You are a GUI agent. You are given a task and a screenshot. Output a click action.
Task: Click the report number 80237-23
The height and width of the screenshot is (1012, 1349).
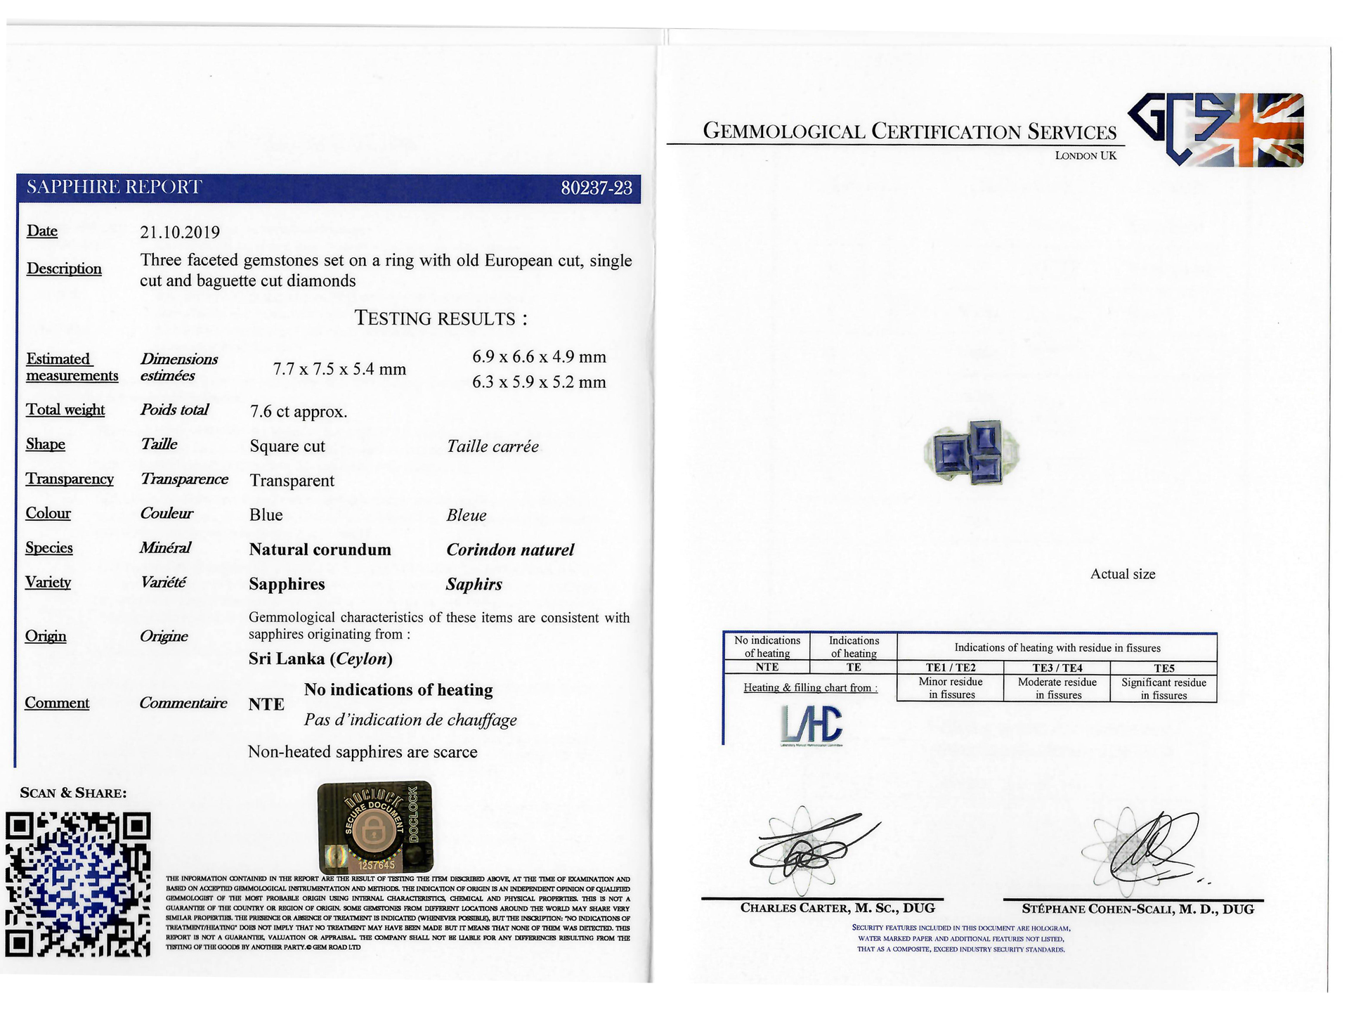pyautogui.click(x=597, y=188)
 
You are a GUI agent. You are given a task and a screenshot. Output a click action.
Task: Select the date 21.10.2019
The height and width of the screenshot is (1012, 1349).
pyautogui.click(x=180, y=233)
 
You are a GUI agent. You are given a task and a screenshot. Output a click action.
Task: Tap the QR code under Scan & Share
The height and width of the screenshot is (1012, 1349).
pyautogui.click(x=78, y=884)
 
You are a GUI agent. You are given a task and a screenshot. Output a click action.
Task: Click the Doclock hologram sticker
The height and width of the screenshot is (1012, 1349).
pyautogui.click(x=375, y=827)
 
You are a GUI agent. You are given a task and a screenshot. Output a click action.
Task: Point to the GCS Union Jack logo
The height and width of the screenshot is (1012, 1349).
pyautogui.click(x=1216, y=130)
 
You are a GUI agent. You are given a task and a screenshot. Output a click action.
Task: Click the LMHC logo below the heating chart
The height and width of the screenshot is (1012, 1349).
pyautogui.click(x=812, y=725)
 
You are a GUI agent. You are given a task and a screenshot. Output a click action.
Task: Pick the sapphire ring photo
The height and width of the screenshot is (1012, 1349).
pyautogui.click(x=972, y=453)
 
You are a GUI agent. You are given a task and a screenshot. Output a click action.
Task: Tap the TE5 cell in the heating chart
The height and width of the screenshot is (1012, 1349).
pyautogui.click(x=1164, y=668)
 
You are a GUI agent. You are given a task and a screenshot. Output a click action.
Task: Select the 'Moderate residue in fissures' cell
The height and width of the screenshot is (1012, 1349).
pyautogui.click(x=1057, y=689)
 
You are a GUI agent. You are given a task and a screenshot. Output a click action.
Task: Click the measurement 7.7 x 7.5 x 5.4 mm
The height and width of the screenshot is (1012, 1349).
pyautogui.click(x=339, y=370)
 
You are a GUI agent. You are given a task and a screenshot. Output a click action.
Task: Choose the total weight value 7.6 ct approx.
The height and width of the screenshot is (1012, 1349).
pyautogui.click(x=299, y=412)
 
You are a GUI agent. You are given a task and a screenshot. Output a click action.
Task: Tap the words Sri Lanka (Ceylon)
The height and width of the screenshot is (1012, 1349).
pyautogui.click(x=320, y=659)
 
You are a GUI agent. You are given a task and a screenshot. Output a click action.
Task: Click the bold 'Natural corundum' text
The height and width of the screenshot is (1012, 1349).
pyautogui.click(x=320, y=550)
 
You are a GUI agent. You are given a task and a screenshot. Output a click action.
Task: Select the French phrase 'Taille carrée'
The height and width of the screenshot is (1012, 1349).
pyautogui.click(x=493, y=447)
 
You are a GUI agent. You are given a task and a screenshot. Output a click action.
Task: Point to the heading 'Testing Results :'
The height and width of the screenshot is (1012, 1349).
pyautogui.click(x=441, y=318)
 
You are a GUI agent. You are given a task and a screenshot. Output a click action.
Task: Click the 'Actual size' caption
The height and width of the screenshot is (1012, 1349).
pyautogui.click(x=1122, y=574)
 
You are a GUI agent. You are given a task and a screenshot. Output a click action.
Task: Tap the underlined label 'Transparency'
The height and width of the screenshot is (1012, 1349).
pyautogui.click(x=70, y=479)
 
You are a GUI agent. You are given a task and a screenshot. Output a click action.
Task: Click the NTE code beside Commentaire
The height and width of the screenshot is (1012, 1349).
pyautogui.click(x=266, y=704)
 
